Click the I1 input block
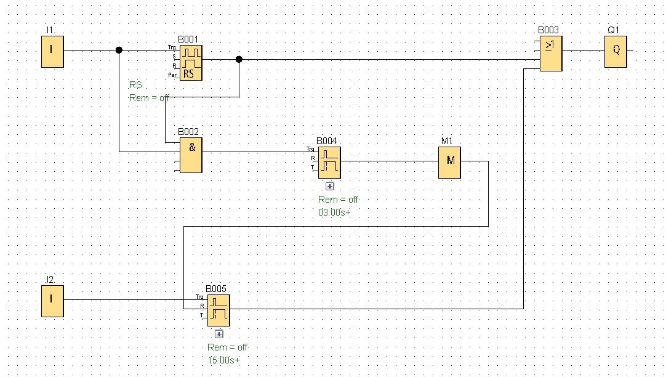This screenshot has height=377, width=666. [52, 52]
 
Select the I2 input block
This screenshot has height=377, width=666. [52, 301]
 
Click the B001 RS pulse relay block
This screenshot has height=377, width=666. [191, 63]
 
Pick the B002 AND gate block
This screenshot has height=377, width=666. [191, 155]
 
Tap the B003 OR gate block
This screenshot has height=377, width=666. [551, 54]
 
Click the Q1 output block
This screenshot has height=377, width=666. [616, 52]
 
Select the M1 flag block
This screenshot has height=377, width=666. [449, 163]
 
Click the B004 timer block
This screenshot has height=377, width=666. [329, 163]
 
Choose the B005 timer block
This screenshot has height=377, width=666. [219, 310]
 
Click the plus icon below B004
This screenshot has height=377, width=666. [329, 186]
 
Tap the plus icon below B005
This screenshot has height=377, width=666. [219, 334]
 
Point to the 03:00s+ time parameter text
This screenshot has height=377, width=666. [335, 212]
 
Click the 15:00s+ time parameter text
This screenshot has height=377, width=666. [224, 360]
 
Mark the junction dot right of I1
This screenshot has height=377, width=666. [119, 50]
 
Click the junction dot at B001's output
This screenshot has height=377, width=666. [239, 60]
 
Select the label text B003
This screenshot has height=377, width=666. [548, 30]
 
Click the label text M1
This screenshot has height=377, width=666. [447, 141]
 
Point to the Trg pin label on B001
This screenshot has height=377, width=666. [172, 47]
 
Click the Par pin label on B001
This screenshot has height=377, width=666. [172, 75]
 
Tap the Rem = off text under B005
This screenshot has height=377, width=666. [228, 347]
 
